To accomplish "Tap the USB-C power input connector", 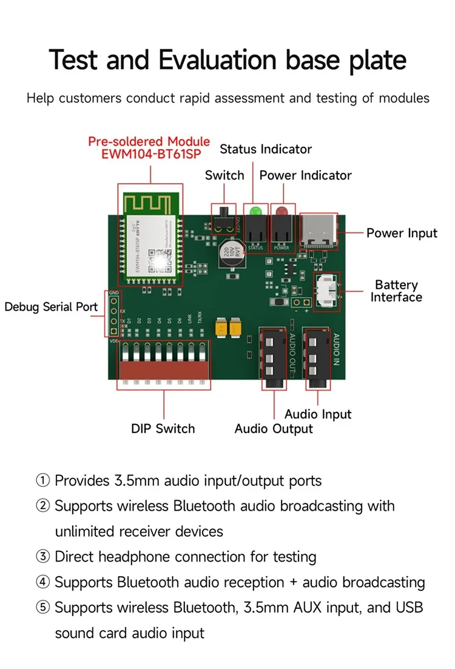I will (322, 231).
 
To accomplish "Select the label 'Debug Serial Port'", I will (51, 307).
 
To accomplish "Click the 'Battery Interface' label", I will (396, 291).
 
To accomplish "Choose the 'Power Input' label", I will (402, 234).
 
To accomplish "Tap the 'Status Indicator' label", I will (266, 149).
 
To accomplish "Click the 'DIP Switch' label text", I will (163, 429).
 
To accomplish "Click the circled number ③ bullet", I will (43, 557).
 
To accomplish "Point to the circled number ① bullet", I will (43, 481).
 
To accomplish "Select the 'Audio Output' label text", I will (274, 429).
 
